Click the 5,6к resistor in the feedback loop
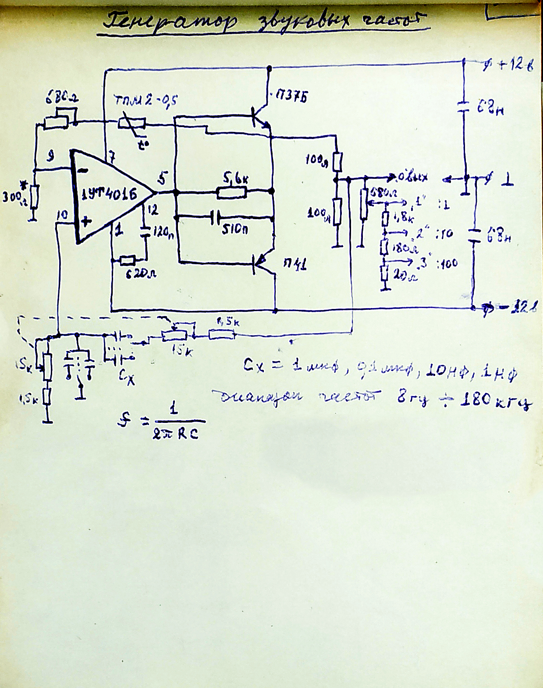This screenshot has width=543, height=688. click(232, 192)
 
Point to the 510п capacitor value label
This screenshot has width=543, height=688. click(234, 229)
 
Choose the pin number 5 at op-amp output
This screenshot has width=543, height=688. click(163, 178)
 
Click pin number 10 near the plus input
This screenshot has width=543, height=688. click(63, 215)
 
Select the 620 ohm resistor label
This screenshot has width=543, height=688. click(142, 274)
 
